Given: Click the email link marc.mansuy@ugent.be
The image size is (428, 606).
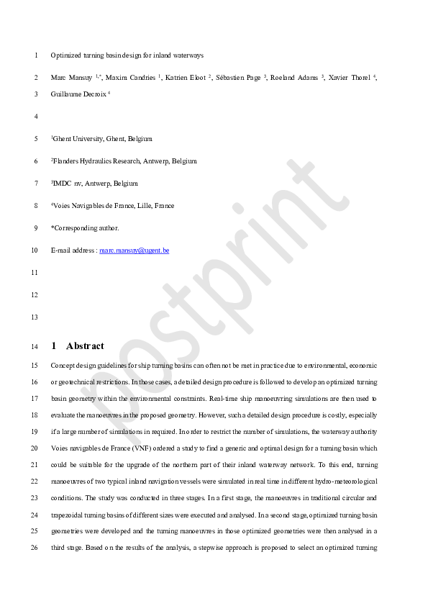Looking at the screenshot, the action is [134, 250].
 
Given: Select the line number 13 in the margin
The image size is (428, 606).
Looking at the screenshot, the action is [35, 317].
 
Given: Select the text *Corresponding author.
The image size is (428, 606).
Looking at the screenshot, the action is [85, 228].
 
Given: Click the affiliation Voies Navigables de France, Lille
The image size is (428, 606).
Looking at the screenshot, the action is [113, 206].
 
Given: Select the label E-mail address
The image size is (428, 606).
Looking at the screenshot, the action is [73, 250].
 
